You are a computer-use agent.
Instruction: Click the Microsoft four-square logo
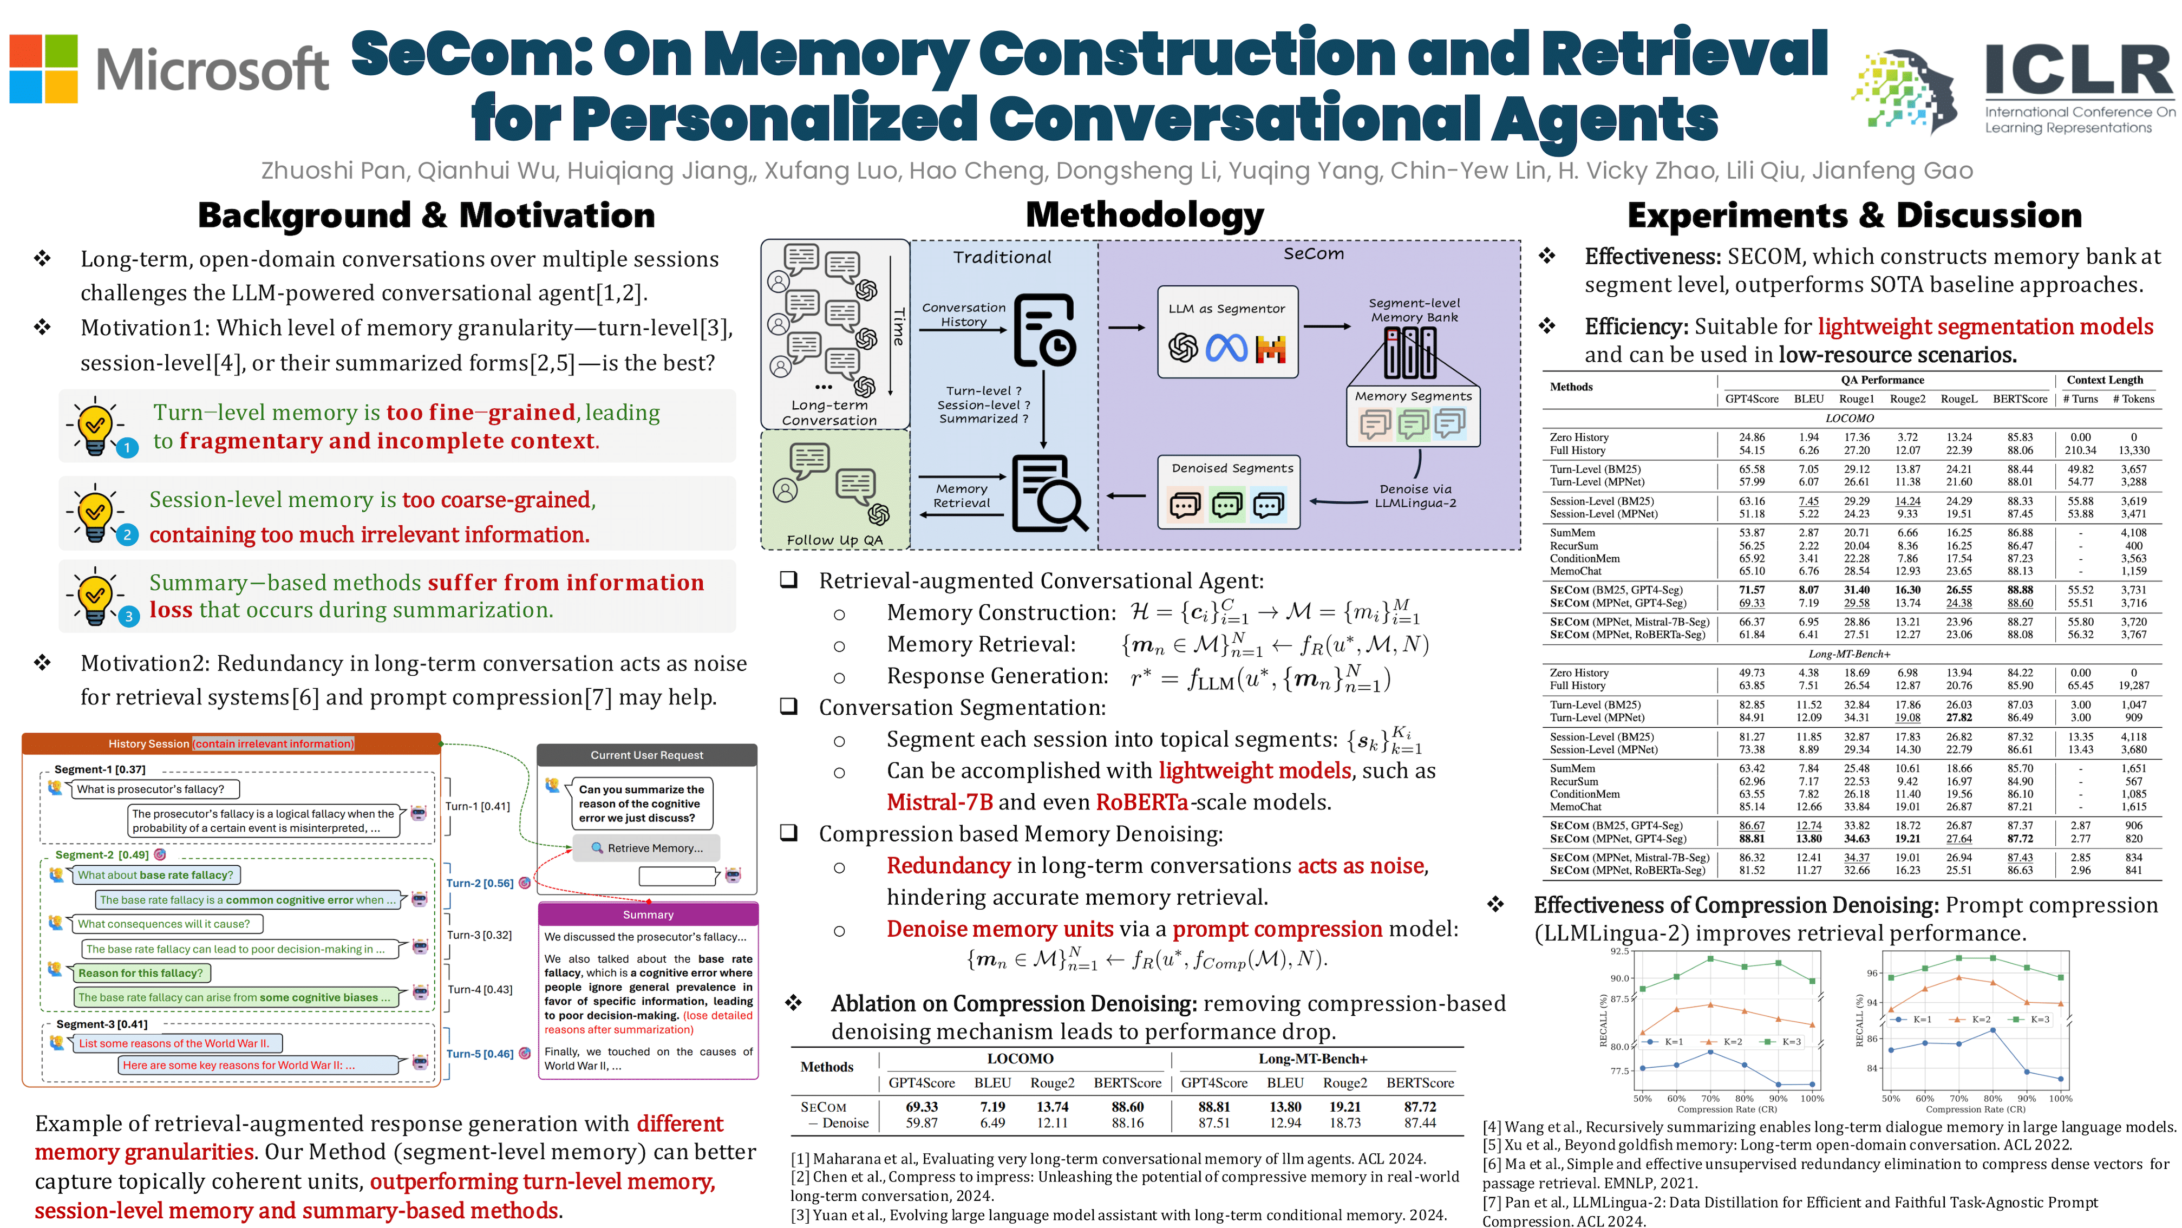click(43, 69)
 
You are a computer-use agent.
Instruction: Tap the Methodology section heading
click(1145, 215)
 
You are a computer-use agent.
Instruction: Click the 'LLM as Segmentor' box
click(1226, 331)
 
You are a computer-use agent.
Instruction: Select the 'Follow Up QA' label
click(834, 539)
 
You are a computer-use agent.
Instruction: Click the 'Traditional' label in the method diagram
click(1002, 257)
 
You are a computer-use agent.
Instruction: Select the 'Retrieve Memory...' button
click(647, 848)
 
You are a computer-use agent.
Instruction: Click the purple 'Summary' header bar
click(648, 915)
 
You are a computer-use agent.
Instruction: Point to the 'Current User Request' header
click(647, 755)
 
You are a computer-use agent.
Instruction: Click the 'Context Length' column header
click(2104, 380)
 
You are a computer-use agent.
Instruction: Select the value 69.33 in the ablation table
click(922, 1106)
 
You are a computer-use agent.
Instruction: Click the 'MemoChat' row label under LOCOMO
click(1576, 571)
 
